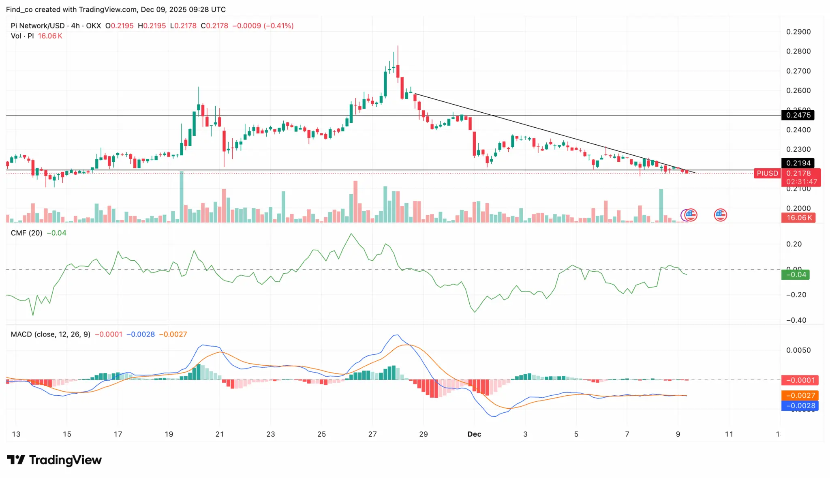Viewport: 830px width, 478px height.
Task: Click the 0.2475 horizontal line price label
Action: coord(798,115)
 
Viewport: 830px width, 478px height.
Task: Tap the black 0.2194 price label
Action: coord(798,163)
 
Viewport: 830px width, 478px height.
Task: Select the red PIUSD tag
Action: coord(767,174)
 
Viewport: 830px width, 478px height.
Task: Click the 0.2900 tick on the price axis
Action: coord(798,32)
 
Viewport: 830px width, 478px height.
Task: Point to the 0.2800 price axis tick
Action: coord(798,51)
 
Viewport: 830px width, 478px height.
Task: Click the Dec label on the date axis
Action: coord(474,434)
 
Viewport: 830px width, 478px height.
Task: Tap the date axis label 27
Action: coord(372,434)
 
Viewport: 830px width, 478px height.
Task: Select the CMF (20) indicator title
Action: coord(26,233)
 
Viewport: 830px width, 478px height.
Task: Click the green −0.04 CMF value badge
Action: coord(796,275)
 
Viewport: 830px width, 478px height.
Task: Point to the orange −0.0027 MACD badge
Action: coord(800,396)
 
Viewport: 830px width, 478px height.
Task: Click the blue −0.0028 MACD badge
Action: coord(800,406)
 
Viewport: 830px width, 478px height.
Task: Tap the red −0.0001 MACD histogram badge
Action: coord(800,380)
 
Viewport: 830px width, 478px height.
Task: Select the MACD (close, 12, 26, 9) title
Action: coord(51,334)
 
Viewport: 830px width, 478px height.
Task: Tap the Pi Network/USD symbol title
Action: coord(38,26)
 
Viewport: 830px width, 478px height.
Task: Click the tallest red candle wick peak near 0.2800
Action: coord(398,46)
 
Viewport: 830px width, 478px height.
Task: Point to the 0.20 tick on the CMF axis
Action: coord(794,244)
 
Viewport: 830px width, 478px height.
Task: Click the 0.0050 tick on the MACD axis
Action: coord(798,350)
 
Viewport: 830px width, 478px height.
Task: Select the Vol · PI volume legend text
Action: coord(22,36)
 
